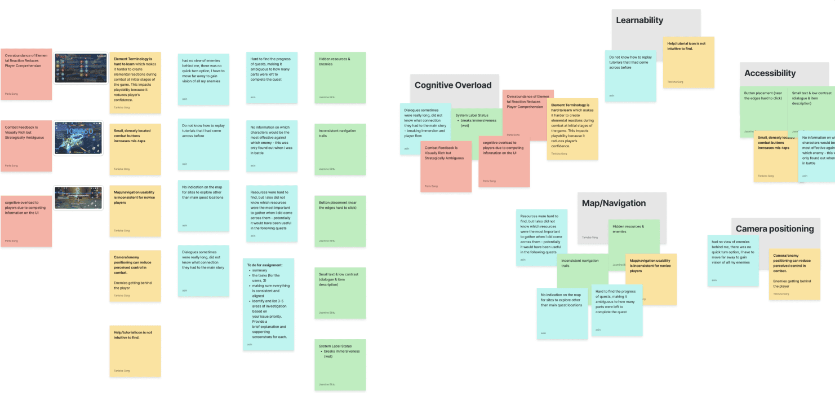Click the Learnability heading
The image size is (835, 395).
[639, 20]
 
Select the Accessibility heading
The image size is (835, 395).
[770, 73]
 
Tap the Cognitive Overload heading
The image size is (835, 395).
[453, 85]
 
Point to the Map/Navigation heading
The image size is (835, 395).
[614, 203]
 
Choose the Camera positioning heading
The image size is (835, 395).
[775, 229]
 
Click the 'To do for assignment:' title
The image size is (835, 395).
[269, 265]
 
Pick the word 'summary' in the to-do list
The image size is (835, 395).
[260, 270]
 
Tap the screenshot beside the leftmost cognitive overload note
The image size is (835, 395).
[79, 198]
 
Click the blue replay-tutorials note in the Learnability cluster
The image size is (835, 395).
[630, 76]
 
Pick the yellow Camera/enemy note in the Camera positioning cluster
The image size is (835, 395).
[794, 274]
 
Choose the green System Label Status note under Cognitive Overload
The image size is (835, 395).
[478, 127]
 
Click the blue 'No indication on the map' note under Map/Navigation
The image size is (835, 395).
[562, 313]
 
